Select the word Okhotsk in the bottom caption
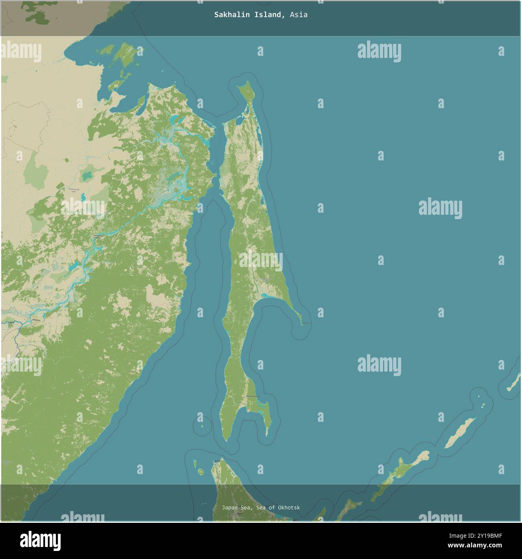coord(288,508)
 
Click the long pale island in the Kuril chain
coord(460,433)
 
